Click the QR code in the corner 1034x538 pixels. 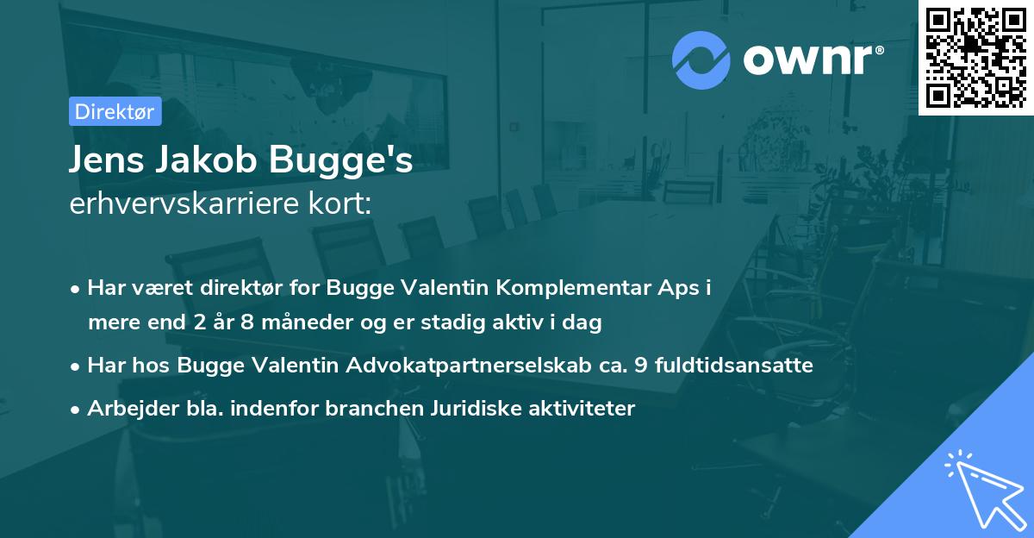[975, 57]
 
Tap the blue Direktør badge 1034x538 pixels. [114, 110]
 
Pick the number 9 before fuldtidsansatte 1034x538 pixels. [639, 365]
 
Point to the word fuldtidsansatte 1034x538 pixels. [733, 365]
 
